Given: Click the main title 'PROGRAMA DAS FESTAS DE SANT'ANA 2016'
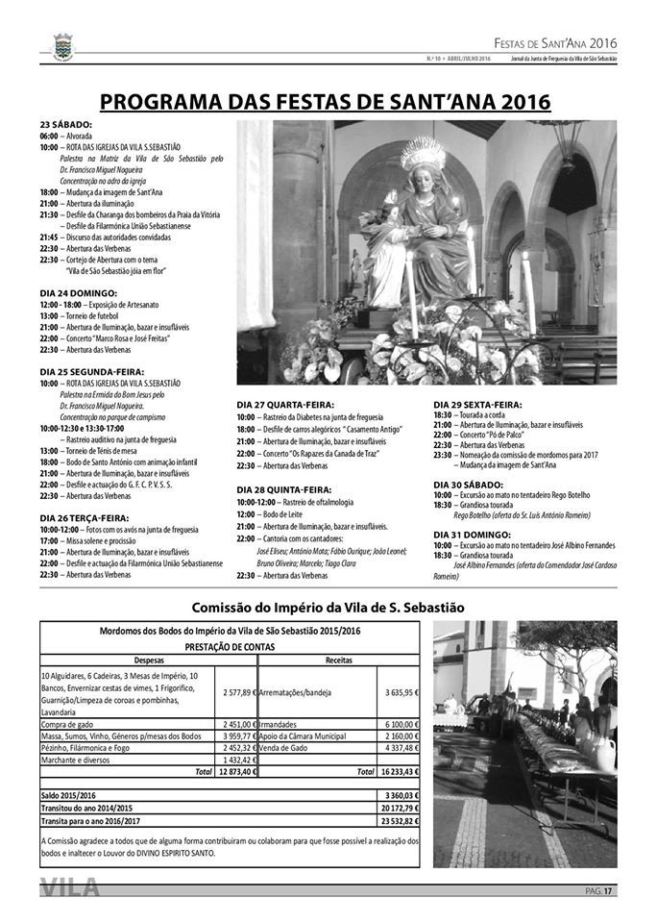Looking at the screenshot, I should (326, 102).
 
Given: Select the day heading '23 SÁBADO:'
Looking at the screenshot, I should (66, 125).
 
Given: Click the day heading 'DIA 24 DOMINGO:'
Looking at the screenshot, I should (78, 291).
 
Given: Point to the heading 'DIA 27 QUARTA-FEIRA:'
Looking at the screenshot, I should (281, 405).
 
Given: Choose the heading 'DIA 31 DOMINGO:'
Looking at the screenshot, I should (471, 533).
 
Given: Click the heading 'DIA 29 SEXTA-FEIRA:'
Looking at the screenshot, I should (476, 405).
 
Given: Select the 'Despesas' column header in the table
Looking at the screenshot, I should (149, 661).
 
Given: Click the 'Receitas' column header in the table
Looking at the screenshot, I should (339, 661).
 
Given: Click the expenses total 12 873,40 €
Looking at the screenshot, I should (237, 771).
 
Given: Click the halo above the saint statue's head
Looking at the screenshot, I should (420, 153).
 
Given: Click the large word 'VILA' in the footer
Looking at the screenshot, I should (71, 889).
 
